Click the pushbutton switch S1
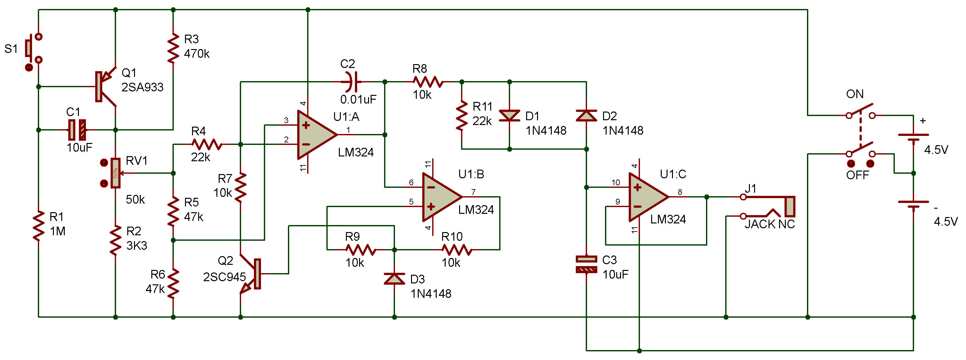click(x=34, y=48)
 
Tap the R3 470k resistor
click(x=173, y=48)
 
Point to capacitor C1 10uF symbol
click(x=77, y=130)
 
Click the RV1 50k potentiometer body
click(x=115, y=173)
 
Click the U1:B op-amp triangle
click(x=442, y=197)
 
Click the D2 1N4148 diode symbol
click(x=586, y=115)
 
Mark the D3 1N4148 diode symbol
click(x=394, y=279)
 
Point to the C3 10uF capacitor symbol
click(x=586, y=264)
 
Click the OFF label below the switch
click(x=857, y=175)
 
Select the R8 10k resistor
click(x=428, y=81)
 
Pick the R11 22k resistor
click(x=462, y=115)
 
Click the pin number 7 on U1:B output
click(x=473, y=192)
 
